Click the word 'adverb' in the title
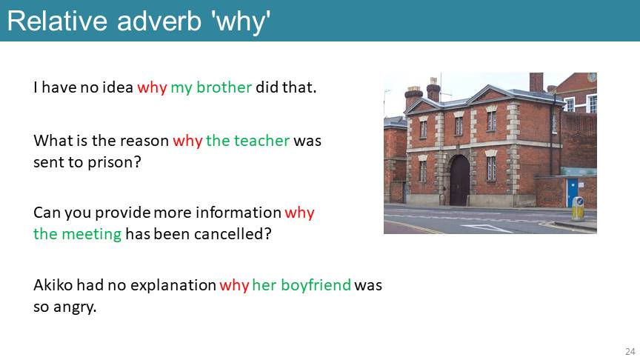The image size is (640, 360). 159,21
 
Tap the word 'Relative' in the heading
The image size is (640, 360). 58,21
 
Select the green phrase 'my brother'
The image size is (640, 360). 211,87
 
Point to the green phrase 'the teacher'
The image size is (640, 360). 247,141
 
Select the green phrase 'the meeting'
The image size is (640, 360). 78,234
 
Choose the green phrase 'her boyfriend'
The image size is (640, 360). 301,285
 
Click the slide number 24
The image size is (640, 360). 630,351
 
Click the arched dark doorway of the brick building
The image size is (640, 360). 459,181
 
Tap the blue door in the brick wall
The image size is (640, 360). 573,193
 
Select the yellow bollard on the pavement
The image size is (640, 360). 578,209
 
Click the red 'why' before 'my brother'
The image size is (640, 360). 152,87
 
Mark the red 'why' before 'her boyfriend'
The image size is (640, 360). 234,285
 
